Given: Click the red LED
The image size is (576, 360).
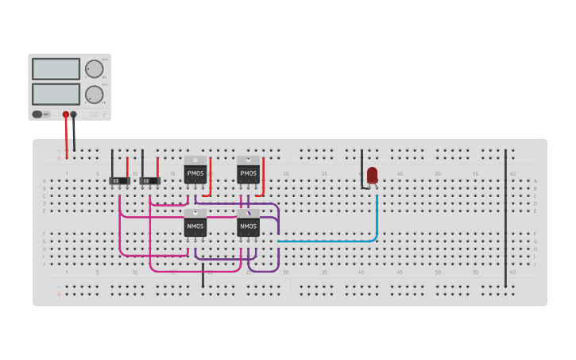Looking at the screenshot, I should (373, 175).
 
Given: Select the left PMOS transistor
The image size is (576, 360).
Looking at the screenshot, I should (195, 172).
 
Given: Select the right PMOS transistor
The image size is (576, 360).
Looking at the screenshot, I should (249, 172).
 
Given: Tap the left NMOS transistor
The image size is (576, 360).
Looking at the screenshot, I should (195, 226).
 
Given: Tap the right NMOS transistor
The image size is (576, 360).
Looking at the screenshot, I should (249, 226).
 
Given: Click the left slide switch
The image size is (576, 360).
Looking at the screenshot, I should (119, 181).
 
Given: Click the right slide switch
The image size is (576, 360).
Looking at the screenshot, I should (149, 181).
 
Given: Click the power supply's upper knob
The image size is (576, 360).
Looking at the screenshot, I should (94, 69).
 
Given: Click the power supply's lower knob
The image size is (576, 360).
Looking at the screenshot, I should (94, 95).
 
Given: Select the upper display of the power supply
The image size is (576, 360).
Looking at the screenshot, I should (56, 69).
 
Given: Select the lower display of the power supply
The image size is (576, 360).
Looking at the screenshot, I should (56, 94).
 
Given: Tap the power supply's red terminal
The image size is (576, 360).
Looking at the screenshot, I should (66, 114).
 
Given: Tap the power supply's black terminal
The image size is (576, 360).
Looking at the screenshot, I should (74, 114).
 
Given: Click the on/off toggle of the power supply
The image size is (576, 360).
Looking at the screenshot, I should (37, 114).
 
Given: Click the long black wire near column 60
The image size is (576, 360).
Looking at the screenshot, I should (505, 215).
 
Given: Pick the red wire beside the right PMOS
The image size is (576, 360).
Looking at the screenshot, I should (263, 175).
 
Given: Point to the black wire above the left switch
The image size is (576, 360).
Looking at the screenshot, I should (112, 163).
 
